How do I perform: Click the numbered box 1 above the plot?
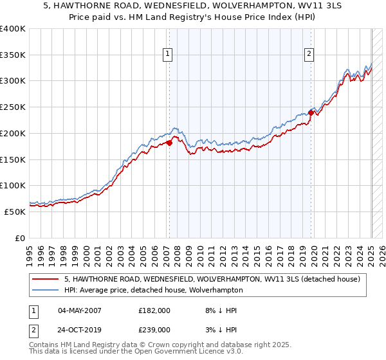tap(167, 55)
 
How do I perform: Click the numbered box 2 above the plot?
tap(309, 55)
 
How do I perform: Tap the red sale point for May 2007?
tap(169, 143)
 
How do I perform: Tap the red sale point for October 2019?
tap(311, 113)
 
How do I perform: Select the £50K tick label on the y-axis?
tap(15, 212)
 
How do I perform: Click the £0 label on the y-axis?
tap(20, 238)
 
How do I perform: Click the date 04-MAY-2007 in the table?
tap(81, 310)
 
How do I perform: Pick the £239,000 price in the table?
tap(154, 329)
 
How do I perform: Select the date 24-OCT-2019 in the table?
tap(81, 329)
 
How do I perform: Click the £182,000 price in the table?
tap(154, 310)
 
